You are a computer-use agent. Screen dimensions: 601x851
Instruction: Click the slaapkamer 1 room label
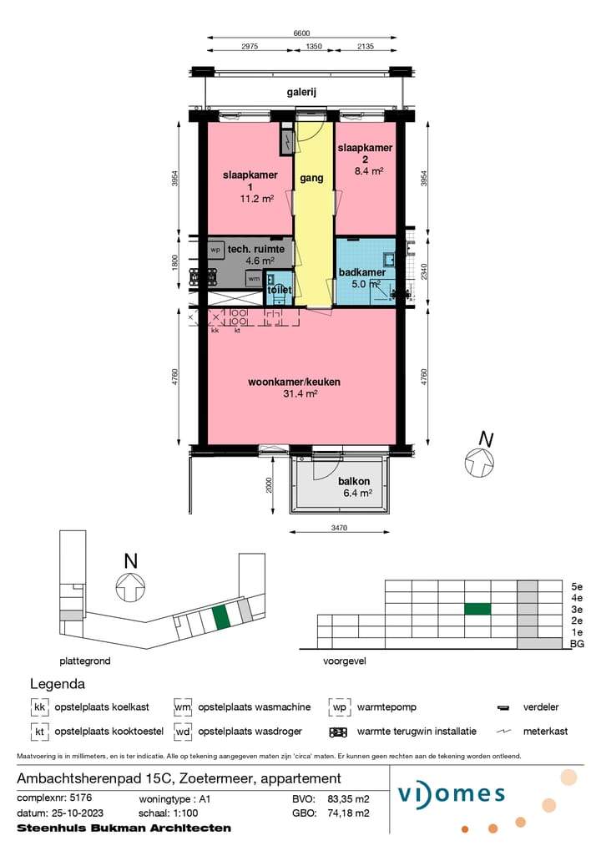click(x=250, y=180)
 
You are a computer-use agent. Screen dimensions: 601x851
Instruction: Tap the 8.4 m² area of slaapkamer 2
click(x=369, y=171)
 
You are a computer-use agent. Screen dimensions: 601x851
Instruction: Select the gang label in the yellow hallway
click(x=311, y=178)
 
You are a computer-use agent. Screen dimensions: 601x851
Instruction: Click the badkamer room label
click(x=361, y=272)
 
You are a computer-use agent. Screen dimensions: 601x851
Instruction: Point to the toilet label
click(x=280, y=290)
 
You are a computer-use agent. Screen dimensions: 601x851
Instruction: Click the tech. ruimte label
click(x=256, y=249)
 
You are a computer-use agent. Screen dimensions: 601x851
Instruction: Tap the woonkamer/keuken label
click(x=294, y=382)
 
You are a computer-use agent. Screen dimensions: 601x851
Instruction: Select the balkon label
click(x=354, y=481)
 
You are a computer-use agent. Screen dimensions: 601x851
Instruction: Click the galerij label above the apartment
click(x=301, y=92)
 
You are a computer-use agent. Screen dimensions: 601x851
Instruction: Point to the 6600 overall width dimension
click(x=301, y=33)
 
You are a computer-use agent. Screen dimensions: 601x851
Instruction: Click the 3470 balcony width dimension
click(x=339, y=528)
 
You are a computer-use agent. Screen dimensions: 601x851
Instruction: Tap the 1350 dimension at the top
click(x=314, y=47)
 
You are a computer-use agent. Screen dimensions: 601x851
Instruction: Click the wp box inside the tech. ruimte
click(x=216, y=250)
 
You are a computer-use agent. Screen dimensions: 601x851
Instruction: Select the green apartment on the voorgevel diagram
click(x=477, y=610)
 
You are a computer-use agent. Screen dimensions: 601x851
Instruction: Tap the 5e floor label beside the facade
click(x=577, y=587)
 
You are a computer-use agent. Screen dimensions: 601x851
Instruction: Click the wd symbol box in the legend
click(x=183, y=732)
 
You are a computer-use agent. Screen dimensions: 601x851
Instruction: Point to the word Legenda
click(x=58, y=684)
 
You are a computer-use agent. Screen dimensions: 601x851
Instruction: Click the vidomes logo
click(x=452, y=794)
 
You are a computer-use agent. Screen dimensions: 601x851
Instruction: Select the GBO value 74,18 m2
click(x=348, y=813)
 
